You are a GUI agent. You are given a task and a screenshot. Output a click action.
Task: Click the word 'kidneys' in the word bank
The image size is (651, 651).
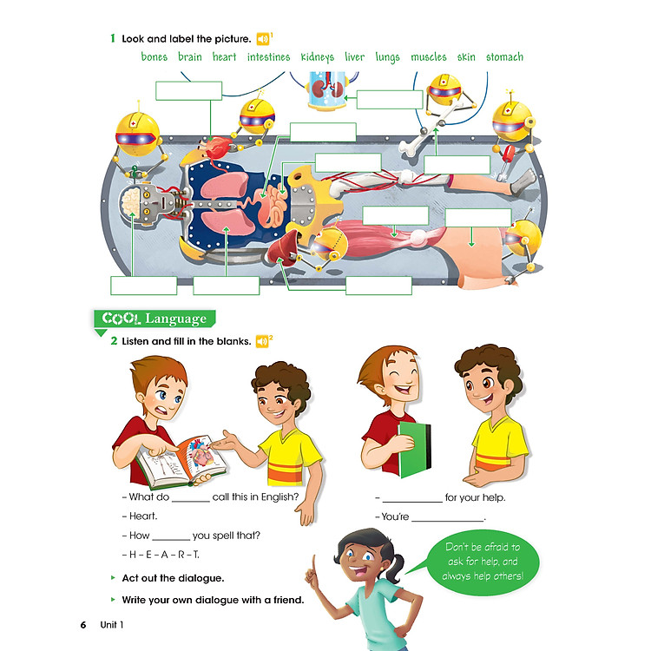point(317,57)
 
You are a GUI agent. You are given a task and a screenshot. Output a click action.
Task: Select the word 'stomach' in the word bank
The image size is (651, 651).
point(504,57)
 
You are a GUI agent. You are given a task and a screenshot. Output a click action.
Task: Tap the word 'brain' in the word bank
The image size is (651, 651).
point(190,56)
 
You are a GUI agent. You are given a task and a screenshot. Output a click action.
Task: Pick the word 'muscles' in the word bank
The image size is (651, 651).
point(429,57)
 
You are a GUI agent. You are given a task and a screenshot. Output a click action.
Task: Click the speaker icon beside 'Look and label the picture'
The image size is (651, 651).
point(262,39)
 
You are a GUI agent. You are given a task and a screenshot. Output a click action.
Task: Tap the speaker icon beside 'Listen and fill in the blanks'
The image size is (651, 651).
point(262,341)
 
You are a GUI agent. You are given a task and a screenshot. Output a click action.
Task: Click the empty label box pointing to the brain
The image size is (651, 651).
point(143,286)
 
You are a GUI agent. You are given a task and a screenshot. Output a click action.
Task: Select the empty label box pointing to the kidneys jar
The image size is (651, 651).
point(390,100)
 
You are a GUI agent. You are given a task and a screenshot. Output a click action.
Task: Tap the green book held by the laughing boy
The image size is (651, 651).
point(414,450)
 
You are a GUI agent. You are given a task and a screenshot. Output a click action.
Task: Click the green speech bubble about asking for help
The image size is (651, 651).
point(483,562)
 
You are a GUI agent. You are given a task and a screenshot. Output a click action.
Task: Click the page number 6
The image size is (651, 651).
point(83,625)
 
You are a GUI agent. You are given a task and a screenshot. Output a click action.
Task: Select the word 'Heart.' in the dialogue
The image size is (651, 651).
point(143,516)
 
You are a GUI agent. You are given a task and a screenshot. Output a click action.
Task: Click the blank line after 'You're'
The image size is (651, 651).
point(448,520)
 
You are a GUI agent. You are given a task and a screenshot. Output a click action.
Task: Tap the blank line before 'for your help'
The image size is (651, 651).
point(412,502)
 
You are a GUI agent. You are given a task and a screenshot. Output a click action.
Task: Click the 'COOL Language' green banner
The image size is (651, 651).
point(155,319)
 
